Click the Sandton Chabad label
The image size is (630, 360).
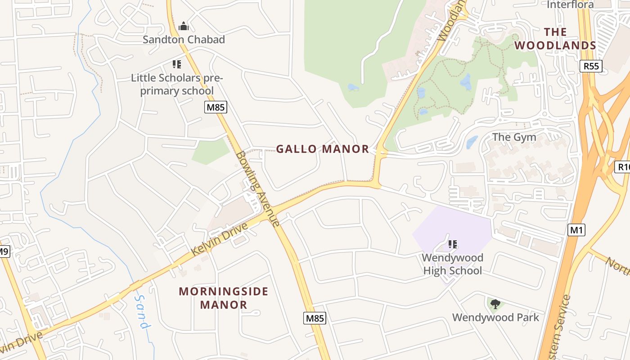(x=184, y=40)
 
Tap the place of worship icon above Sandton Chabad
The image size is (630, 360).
(x=183, y=26)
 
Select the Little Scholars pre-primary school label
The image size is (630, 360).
(x=176, y=84)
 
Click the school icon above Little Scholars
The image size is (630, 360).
(x=176, y=64)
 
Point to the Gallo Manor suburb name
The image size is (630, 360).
(x=322, y=149)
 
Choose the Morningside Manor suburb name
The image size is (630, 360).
(x=224, y=298)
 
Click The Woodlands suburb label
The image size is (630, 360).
(x=555, y=39)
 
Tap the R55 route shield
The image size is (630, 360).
(x=591, y=66)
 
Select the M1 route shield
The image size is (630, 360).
(x=576, y=230)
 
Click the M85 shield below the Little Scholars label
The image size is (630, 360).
(x=216, y=107)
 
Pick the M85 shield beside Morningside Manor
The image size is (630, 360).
(x=314, y=318)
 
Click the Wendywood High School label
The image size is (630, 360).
(x=452, y=264)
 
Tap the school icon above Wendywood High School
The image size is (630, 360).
(x=452, y=244)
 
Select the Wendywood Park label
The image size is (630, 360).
(x=495, y=317)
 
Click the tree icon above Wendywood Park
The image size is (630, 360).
(x=495, y=304)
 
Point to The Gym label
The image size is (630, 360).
(x=514, y=137)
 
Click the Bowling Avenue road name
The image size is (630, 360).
(x=258, y=189)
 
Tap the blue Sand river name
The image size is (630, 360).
(x=142, y=312)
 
